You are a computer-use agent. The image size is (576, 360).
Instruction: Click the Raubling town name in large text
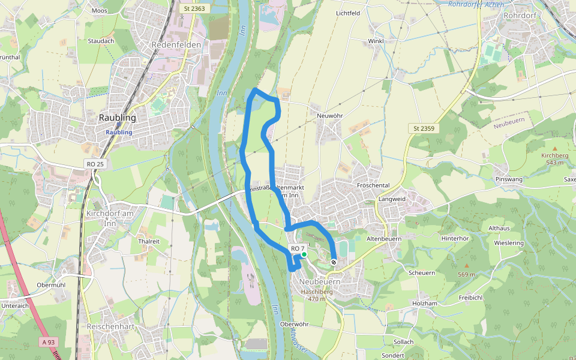(x=117, y=118)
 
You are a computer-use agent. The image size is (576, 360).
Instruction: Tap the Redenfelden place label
(x=176, y=45)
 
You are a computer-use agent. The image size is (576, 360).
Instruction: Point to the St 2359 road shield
(x=424, y=128)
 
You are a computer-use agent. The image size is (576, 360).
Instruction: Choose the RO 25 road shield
(x=95, y=164)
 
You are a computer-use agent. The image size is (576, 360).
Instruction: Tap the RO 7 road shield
(x=298, y=248)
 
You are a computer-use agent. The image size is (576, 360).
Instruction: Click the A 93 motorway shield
(x=49, y=342)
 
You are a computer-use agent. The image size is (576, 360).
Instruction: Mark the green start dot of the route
(x=304, y=255)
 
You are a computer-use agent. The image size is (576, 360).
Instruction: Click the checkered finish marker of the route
(x=334, y=262)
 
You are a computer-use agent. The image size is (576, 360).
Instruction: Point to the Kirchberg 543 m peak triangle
(x=554, y=148)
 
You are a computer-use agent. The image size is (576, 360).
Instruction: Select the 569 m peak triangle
(x=466, y=265)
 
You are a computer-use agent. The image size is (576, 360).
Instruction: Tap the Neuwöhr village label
(x=328, y=115)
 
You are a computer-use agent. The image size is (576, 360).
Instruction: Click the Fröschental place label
(x=373, y=185)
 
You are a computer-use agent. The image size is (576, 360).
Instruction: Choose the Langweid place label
(x=392, y=199)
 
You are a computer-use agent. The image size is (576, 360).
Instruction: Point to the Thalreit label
(x=149, y=241)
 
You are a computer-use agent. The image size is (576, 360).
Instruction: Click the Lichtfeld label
(x=348, y=13)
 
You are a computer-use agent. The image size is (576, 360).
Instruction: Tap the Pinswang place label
(x=509, y=179)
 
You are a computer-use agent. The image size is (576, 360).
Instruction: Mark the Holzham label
(x=425, y=304)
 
